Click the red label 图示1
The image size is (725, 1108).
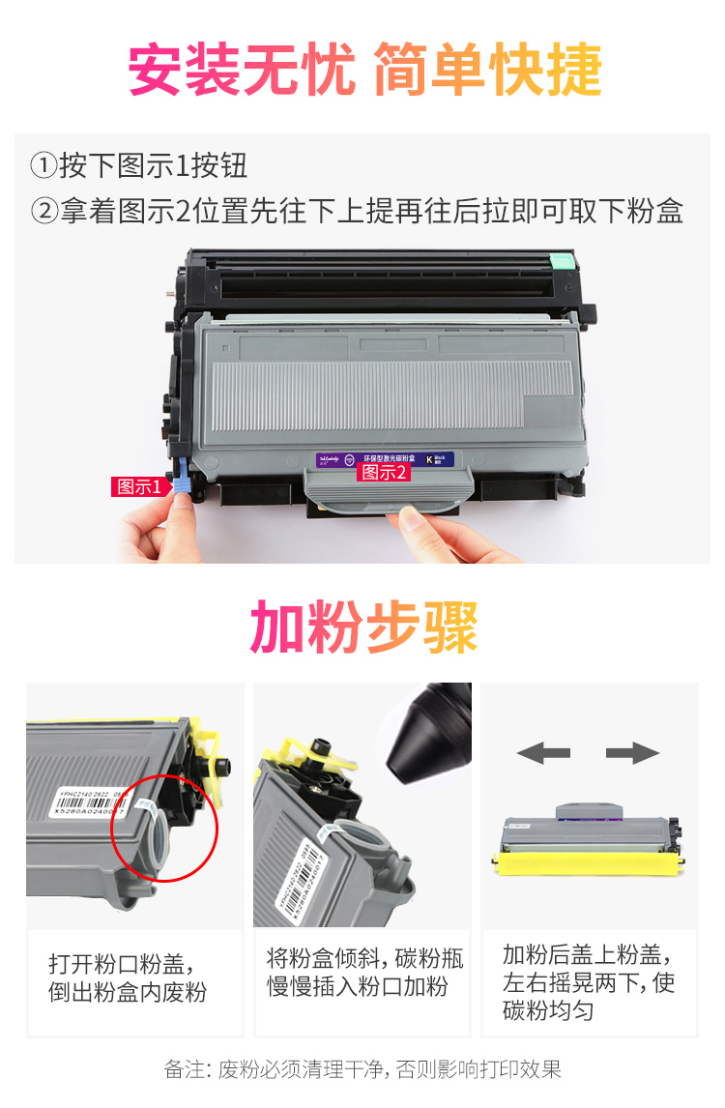click(139, 486)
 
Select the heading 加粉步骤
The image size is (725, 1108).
click(363, 627)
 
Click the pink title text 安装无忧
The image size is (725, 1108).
click(242, 71)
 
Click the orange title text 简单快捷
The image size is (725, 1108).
click(486, 71)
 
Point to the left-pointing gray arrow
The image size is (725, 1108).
click(542, 753)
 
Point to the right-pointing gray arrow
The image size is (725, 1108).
click(632, 753)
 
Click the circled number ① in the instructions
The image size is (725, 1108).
click(43, 166)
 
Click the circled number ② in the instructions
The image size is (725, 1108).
click(43, 211)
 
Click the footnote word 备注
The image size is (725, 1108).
click(184, 1069)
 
